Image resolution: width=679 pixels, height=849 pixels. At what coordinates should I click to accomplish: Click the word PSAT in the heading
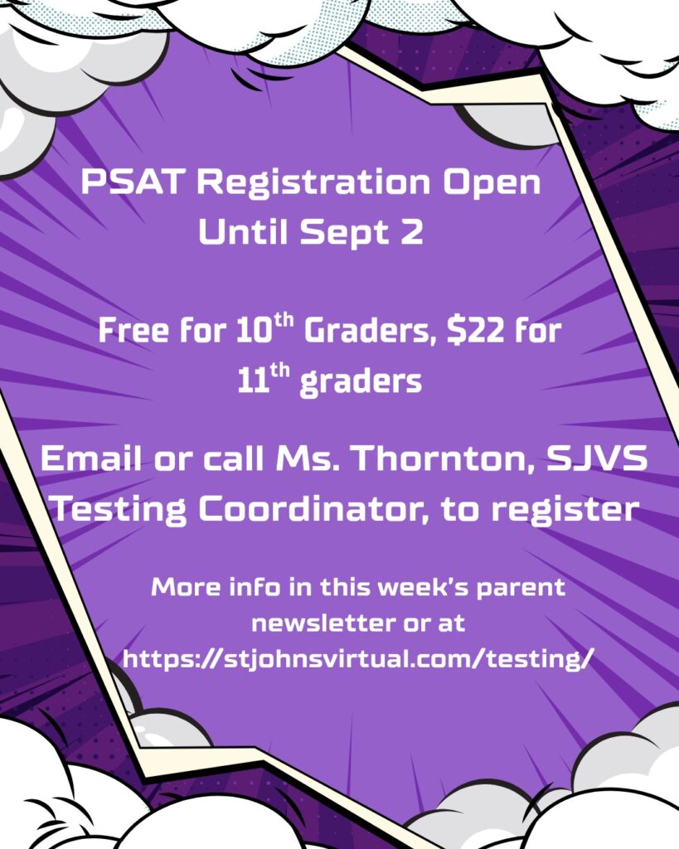point(130,182)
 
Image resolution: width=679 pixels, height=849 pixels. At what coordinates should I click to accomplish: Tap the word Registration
point(313,184)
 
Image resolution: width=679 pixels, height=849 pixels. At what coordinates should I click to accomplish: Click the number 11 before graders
point(254,381)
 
